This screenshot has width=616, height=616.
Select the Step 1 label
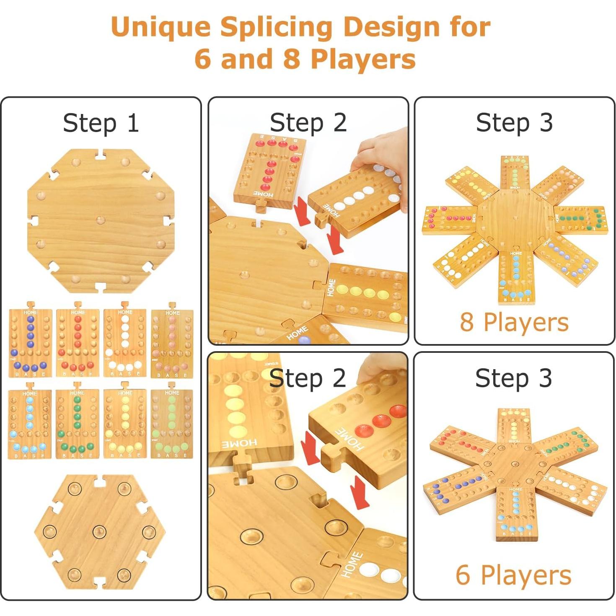101,123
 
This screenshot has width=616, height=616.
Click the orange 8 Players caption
514,322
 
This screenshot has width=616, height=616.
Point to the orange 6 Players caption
513,575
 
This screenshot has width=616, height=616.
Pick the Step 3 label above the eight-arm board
514,123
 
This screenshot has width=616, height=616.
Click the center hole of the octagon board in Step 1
101,220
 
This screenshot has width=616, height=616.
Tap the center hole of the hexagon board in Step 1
99,531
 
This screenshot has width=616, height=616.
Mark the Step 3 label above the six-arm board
513,378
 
